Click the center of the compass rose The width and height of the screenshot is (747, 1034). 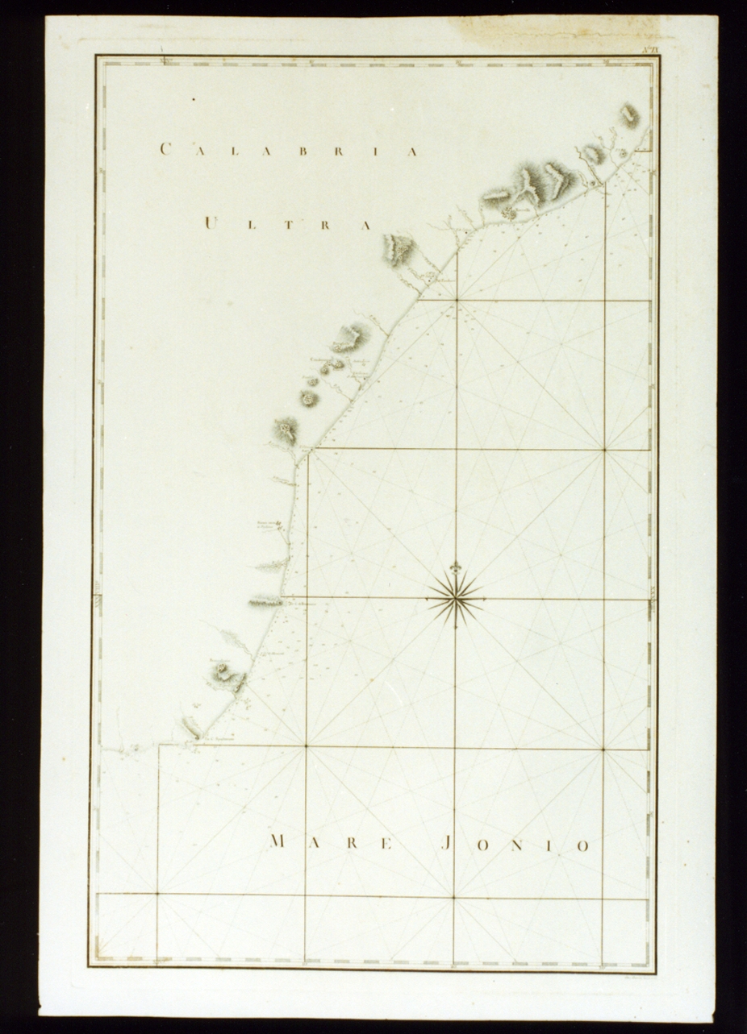pos(456,598)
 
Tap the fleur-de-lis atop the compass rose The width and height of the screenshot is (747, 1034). pos(456,567)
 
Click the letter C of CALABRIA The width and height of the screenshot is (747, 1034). pos(165,149)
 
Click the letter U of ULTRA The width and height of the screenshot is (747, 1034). pos(210,223)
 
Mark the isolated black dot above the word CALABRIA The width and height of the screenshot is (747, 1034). pos(194,99)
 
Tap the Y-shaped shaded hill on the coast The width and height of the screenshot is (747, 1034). pos(526,185)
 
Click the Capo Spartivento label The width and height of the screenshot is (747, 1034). pos(218,735)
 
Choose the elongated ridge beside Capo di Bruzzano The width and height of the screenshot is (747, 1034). pos(265,600)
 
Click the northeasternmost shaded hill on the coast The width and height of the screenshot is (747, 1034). pos(629,116)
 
